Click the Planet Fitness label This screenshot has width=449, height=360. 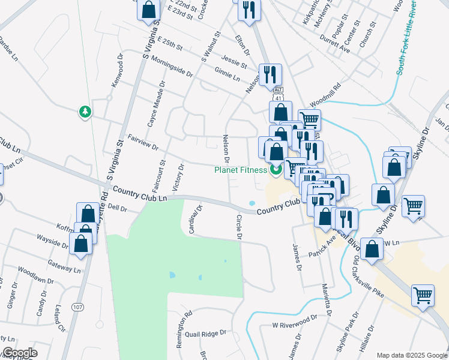(241, 170)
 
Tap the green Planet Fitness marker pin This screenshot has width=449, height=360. (276, 170)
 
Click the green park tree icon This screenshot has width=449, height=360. (85, 112)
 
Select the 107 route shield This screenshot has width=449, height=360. (77, 307)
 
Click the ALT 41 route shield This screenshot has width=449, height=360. (277, 93)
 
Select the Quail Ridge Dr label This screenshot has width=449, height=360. (205, 333)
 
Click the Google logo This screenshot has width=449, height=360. (20, 353)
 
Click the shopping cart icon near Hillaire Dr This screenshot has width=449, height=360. (423, 296)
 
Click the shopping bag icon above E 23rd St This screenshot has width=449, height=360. (149, 8)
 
